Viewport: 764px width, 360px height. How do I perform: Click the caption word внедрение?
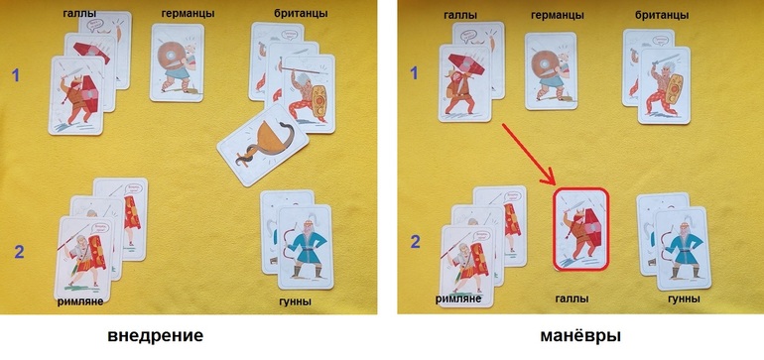[156, 336]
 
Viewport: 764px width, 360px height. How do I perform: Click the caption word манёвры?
[580, 336]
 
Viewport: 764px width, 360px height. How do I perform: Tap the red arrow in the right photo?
[529, 155]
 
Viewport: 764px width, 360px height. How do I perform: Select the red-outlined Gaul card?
[581, 229]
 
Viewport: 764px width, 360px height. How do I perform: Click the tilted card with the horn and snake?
[263, 145]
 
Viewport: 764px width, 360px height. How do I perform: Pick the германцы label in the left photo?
[189, 14]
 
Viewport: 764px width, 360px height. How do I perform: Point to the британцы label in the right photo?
[662, 15]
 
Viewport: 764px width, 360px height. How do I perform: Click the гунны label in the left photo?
[295, 301]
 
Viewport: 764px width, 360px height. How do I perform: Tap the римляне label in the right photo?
[458, 299]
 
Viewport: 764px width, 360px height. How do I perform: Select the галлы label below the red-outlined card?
[573, 299]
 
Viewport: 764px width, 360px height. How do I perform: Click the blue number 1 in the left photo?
[16, 75]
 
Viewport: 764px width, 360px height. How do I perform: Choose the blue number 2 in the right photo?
[415, 242]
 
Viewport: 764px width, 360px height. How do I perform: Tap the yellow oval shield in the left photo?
[319, 102]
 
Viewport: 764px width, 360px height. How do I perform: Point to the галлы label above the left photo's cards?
[79, 13]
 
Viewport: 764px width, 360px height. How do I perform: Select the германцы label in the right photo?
[558, 15]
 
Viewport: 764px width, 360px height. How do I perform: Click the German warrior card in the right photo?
[551, 71]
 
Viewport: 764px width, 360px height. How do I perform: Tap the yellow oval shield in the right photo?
[675, 89]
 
